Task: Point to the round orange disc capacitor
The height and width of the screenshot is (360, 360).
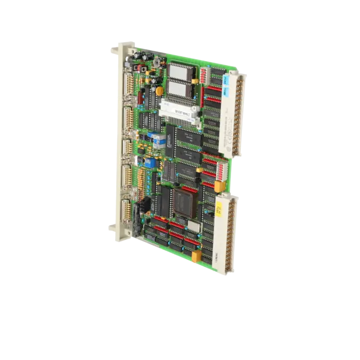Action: [159, 91]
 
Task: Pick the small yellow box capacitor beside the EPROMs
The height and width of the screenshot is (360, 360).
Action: [195, 81]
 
